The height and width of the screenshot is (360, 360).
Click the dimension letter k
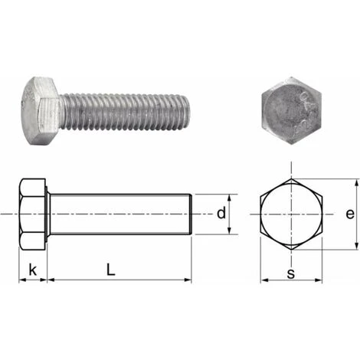tap(32, 269)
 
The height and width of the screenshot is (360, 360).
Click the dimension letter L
tap(111, 269)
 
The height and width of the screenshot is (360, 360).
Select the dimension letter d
tap(221, 214)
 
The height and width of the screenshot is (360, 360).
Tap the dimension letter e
tap(350, 214)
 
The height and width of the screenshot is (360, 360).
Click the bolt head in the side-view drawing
tap(33, 214)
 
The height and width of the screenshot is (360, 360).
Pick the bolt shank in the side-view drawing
tap(119, 214)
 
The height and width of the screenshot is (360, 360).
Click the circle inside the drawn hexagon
tap(291, 214)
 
